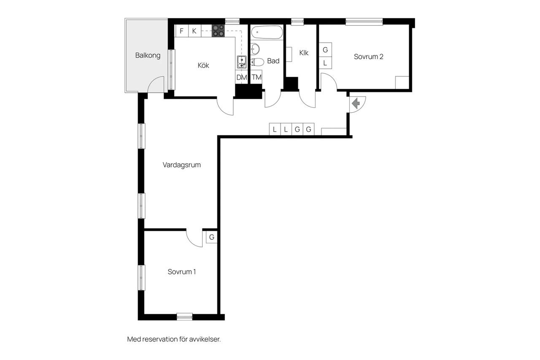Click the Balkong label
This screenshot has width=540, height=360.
pyautogui.click(x=148, y=55)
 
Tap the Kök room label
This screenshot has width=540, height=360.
pyautogui.click(x=203, y=65)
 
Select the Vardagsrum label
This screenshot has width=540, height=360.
pyautogui.click(x=181, y=165)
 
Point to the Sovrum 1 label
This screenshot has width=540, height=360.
pyautogui.click(x=181, y=272)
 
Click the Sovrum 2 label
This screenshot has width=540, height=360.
pyautogui.click(x=368, y=57)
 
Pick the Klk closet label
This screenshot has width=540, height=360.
pyautogui.click(x=304, y=53)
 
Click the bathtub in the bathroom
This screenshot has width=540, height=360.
pyautogui.click(x=267, y=32)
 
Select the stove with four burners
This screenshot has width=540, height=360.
pyautogui.click(x=218, y=31)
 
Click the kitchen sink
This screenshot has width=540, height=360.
pyautogui.click(x=242, y=62)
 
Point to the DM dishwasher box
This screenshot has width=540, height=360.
pyautogui.click(x=242, y=77)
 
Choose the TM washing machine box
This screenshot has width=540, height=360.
pyautogui.click(x=256, y=77)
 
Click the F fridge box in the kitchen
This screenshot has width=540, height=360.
pyautogui.click(x=182, y=31)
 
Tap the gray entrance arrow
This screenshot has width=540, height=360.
pyautogui.click(x=356, y=104)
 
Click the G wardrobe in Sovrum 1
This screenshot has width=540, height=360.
pyautogui.click(x=212, y=237)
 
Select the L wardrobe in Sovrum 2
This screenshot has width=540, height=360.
pyautogui.click(x=325, y=63)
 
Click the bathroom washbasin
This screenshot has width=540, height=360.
pyautogui.click(x=255, y=49)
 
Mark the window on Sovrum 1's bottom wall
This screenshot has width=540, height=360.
pyautogui.click(x=184, y=317)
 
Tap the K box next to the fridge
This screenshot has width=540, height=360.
pyautogui.click(x=194, y=31)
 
